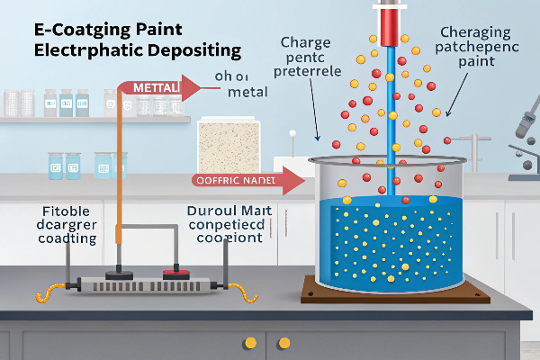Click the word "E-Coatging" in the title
tap(67, 29)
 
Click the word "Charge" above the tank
tap(306, 41)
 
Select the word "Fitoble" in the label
tap(66, 212)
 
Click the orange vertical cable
tap(118, 180)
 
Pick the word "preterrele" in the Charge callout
tap(306, 72)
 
